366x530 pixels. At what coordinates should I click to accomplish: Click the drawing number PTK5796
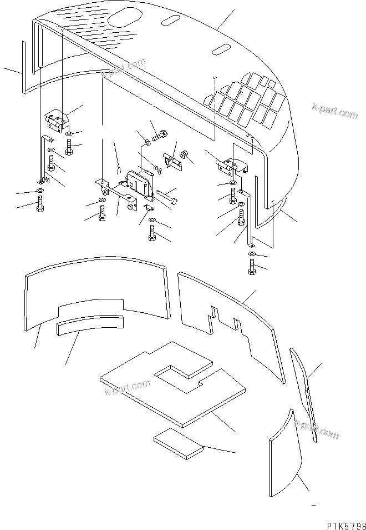[340, 523]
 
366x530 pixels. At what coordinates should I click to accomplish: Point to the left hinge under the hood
[55, 119]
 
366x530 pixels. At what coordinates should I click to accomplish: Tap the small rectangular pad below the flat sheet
[179, 444]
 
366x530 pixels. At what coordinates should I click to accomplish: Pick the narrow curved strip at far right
[304, 392]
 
